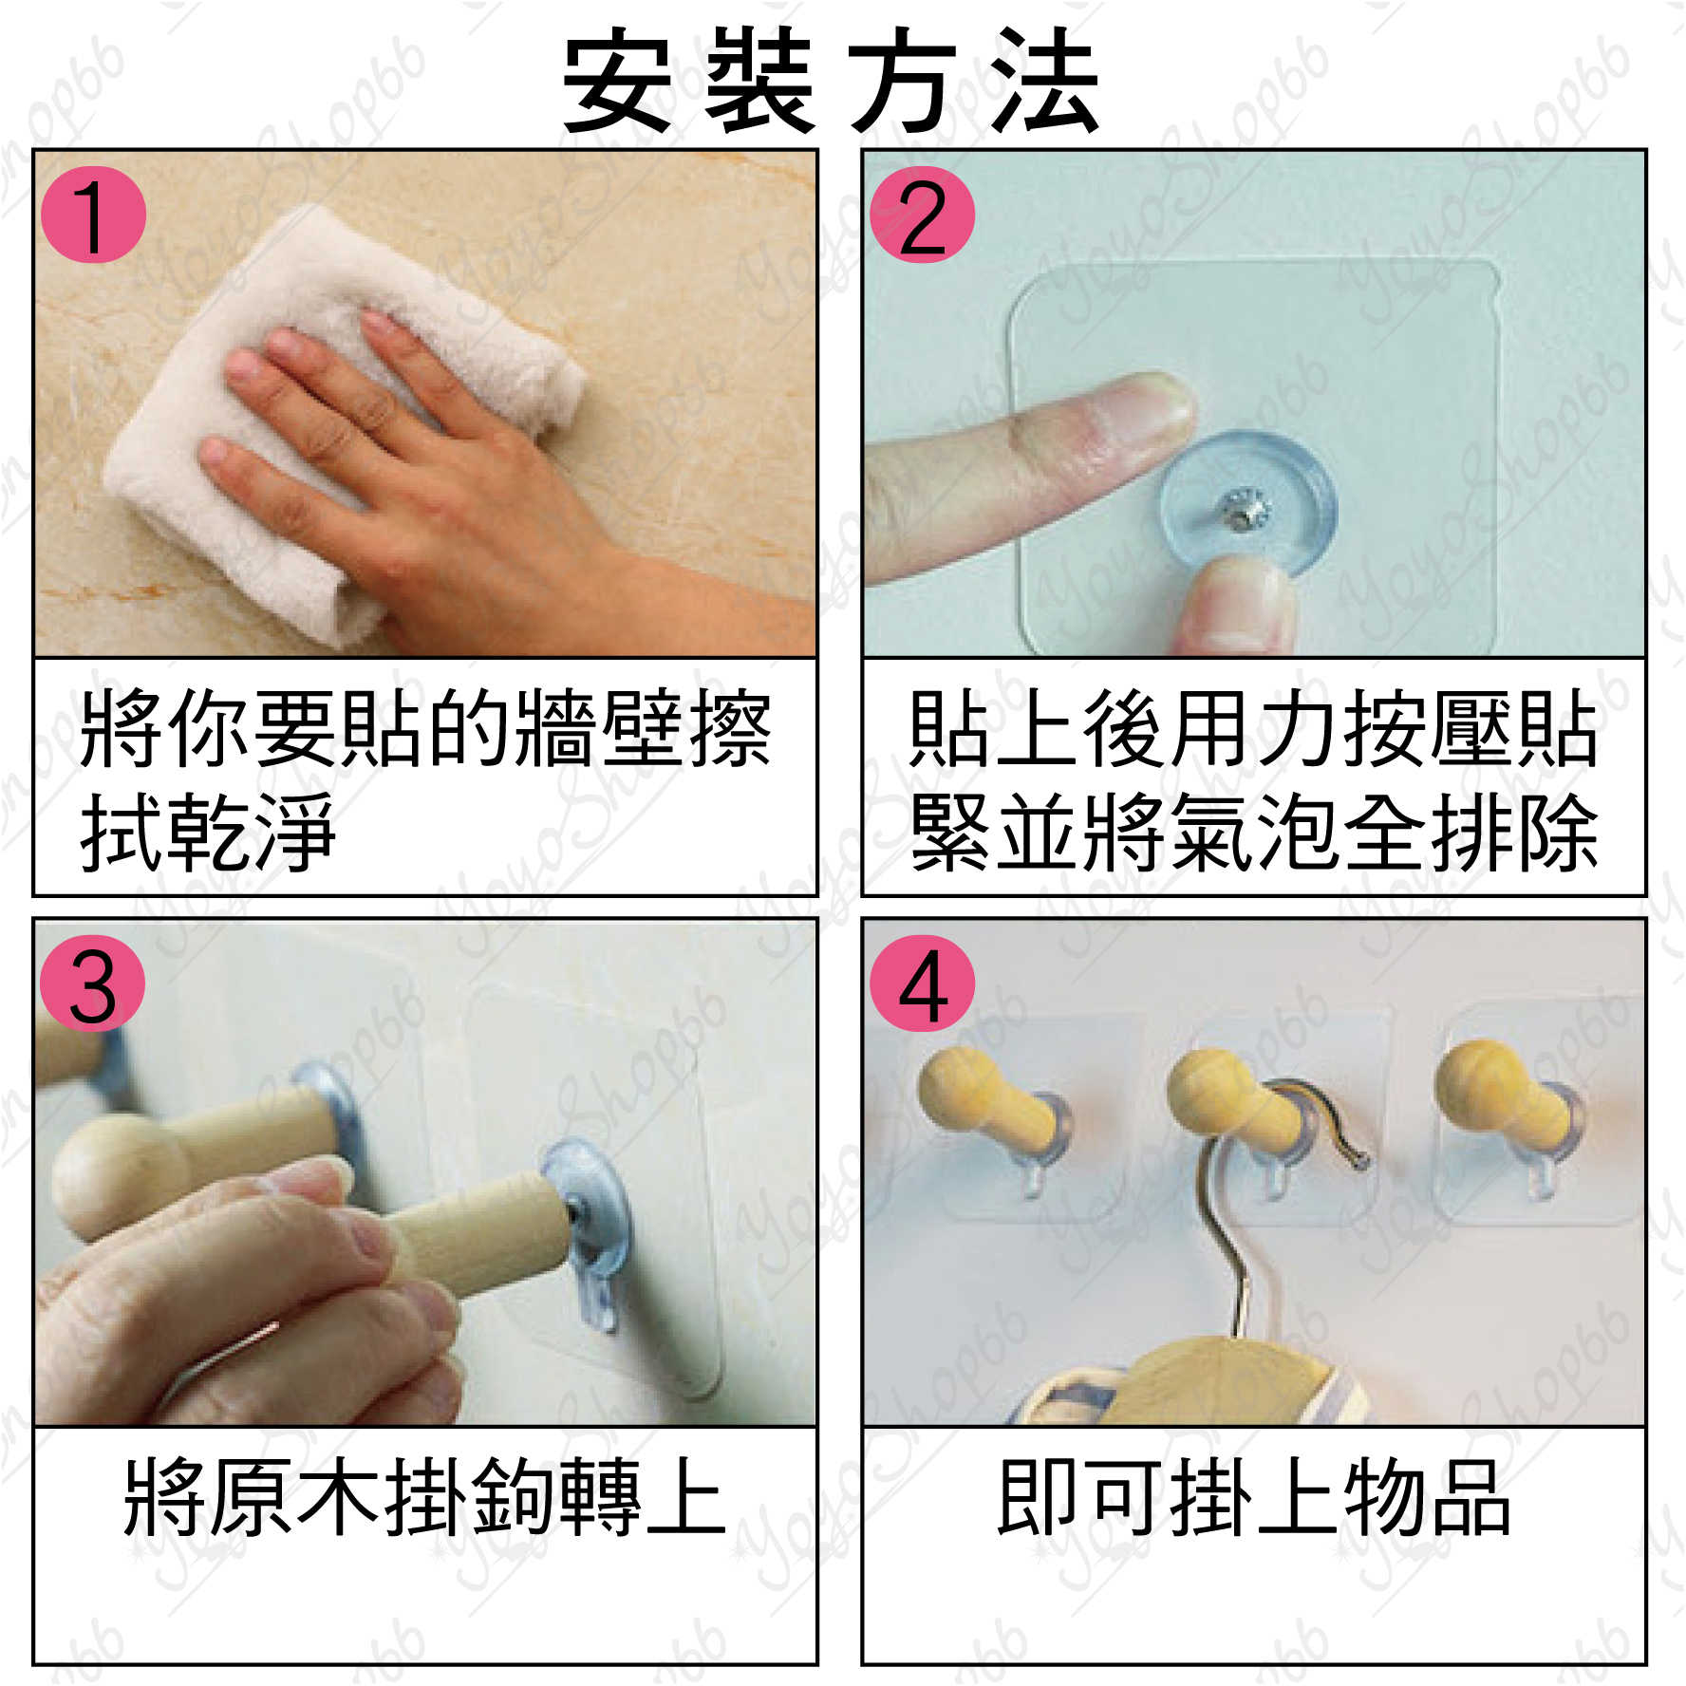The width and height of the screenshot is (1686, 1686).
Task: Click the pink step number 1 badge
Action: [x=93, y=215]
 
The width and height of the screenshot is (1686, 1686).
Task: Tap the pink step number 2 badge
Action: [x=922, y=215]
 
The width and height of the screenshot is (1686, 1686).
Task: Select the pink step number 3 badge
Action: [x=93, y=984]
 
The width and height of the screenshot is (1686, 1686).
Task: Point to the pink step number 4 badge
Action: [x=922, y=984]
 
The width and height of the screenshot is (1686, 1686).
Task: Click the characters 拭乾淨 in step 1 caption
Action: [x=209, y=833]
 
